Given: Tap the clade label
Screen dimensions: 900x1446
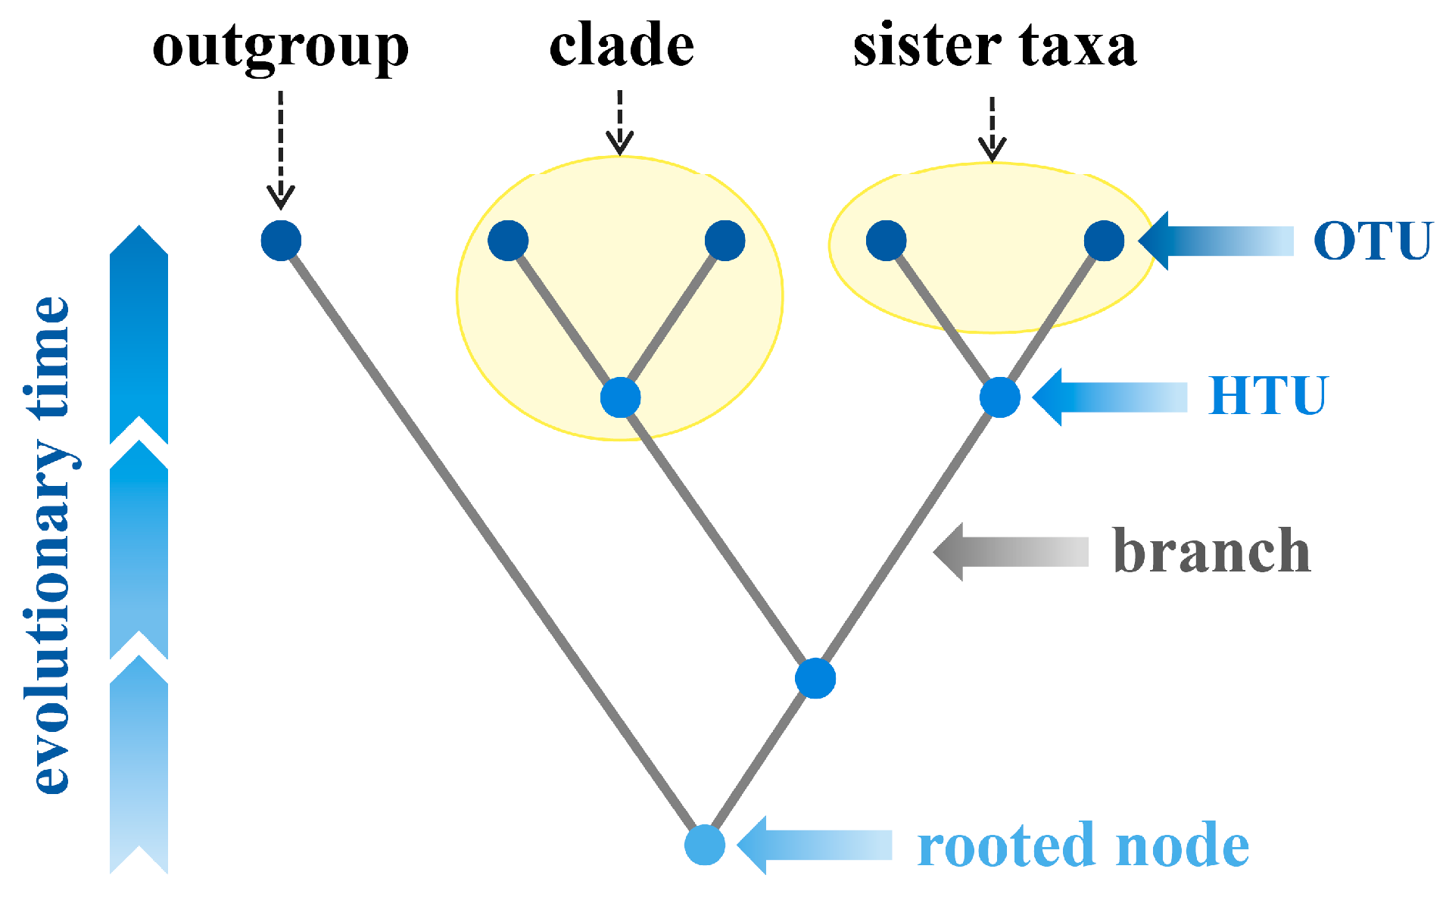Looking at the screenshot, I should point(621,45).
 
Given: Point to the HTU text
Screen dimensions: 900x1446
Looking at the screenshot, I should point(1267,396).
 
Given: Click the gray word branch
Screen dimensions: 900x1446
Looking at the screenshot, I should point(1211,551).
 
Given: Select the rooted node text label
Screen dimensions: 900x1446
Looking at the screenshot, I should point(1083,846).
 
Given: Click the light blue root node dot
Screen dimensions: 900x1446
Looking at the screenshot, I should point(705,845).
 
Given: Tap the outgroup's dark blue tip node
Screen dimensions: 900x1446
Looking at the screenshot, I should point(281,241).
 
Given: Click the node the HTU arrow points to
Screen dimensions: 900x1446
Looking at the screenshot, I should point(999,397).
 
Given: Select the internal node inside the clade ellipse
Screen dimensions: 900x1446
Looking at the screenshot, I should point(620,397).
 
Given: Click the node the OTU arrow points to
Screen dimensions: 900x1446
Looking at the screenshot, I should point(1104,241).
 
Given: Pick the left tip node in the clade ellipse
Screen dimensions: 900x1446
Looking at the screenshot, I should point(508,241).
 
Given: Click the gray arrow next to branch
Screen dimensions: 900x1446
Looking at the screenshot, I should point(1011,552).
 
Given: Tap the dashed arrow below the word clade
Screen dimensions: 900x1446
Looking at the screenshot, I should point(619,121).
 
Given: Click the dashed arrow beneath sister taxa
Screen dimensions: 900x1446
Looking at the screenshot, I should point(992,129).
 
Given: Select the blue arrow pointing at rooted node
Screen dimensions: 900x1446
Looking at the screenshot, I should point(814,845).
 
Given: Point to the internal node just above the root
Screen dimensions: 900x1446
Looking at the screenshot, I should point(815,678).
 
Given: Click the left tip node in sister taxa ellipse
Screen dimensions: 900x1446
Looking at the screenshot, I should point(886,241).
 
